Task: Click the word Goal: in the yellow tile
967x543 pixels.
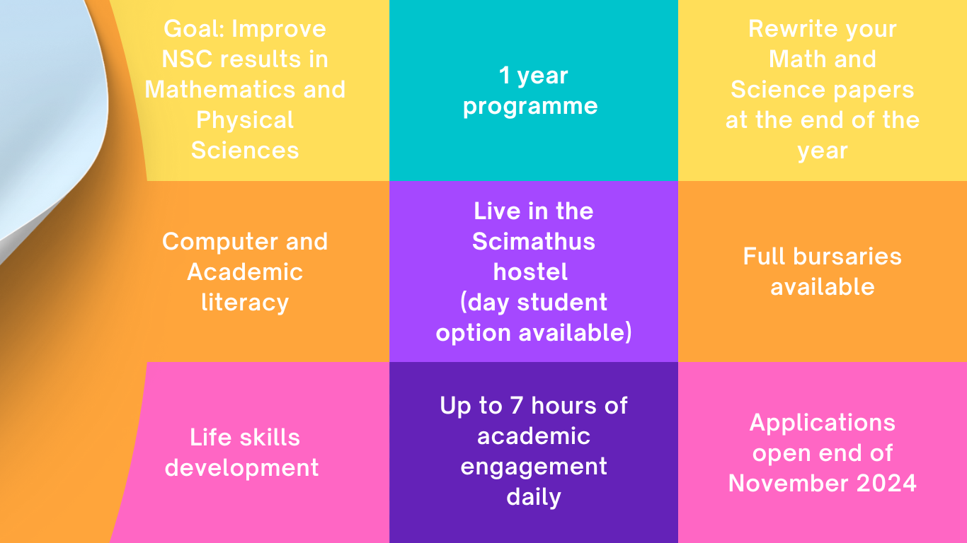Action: pyautogui.click(x=194, y=29)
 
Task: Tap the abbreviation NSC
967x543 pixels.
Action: pyautogui.click(x=186, y=59)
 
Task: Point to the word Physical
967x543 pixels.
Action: pyautogui.click(x=245, y=120)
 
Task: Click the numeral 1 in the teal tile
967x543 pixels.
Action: pyautogui.click(x=504, y=76)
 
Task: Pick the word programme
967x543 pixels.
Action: pyautogui.click(x=530, y=107)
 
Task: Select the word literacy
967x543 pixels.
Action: pyautogui.click(x=245, y=303)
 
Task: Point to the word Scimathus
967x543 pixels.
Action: pyautogui.click(x=534, y=242)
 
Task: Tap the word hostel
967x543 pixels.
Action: pyautogui.click(x=530, y=272)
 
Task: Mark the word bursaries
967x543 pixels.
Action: pyautogui.click(x=847, y=257)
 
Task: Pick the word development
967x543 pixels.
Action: pyautogui.click(x=242, y=469)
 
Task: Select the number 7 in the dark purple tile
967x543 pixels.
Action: pyautogui.click(x=517, y=406)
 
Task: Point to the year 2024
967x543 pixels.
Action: pyautogui.click(x=886, y=483)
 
